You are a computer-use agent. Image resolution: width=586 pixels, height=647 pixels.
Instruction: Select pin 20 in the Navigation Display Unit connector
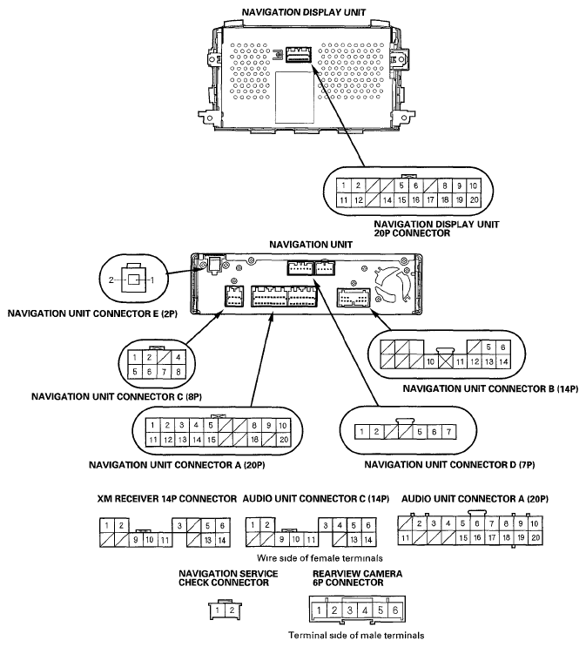click(473, 199)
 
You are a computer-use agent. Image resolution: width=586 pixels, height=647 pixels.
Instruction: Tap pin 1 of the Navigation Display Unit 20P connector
click(344, 185)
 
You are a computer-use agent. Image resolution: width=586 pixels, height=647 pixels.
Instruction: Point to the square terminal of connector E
click(134, 280)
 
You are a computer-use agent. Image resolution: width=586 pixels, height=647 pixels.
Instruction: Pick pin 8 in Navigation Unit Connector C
click(178, 371)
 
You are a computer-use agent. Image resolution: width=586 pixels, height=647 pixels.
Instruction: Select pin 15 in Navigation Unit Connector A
click(211, 440)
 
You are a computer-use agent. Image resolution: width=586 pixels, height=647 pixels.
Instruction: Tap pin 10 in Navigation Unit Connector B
click(430, 361)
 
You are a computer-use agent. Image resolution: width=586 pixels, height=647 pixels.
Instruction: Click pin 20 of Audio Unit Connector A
click(535, 538)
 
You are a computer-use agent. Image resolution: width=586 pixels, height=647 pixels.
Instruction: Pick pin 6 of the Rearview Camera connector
click(394, 610)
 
